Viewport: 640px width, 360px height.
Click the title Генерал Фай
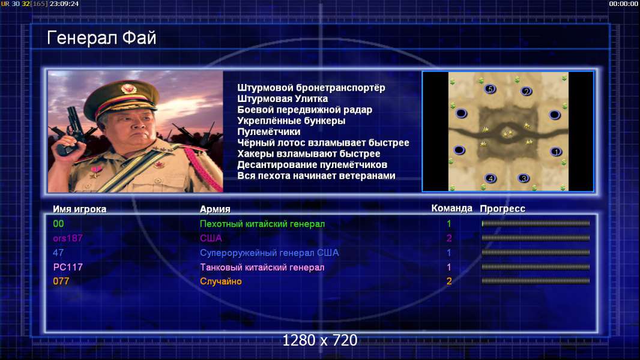[x=101, y=38]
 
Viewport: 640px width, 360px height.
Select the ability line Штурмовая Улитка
[x=282, y=98]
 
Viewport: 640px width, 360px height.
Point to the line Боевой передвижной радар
[x=304, y=110]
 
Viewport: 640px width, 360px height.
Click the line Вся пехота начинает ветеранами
[x=316, y=176]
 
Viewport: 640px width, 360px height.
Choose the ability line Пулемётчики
[x=268, y=131]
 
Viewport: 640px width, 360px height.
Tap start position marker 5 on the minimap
[x=490, y=89]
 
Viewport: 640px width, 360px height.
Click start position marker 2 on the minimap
[x=526, y=91]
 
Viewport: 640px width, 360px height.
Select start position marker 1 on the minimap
[x=555, y=152]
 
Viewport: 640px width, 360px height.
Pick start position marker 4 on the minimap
[x=490, y=178]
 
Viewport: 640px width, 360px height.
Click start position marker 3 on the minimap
[x=524, y=178]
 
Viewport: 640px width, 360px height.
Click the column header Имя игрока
[x=80, y=209]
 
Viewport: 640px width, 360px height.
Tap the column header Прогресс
[x=503, y=209]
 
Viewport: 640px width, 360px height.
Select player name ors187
[x=68, y=238]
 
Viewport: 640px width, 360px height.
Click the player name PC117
[x=68, y=267]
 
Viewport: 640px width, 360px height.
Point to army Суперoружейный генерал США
[x=270, y=253]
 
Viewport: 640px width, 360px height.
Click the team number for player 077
[x=449, y=281]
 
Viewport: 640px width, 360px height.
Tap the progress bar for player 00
[x=536, y=223]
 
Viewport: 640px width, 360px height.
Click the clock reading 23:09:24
[x=64, y=4]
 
